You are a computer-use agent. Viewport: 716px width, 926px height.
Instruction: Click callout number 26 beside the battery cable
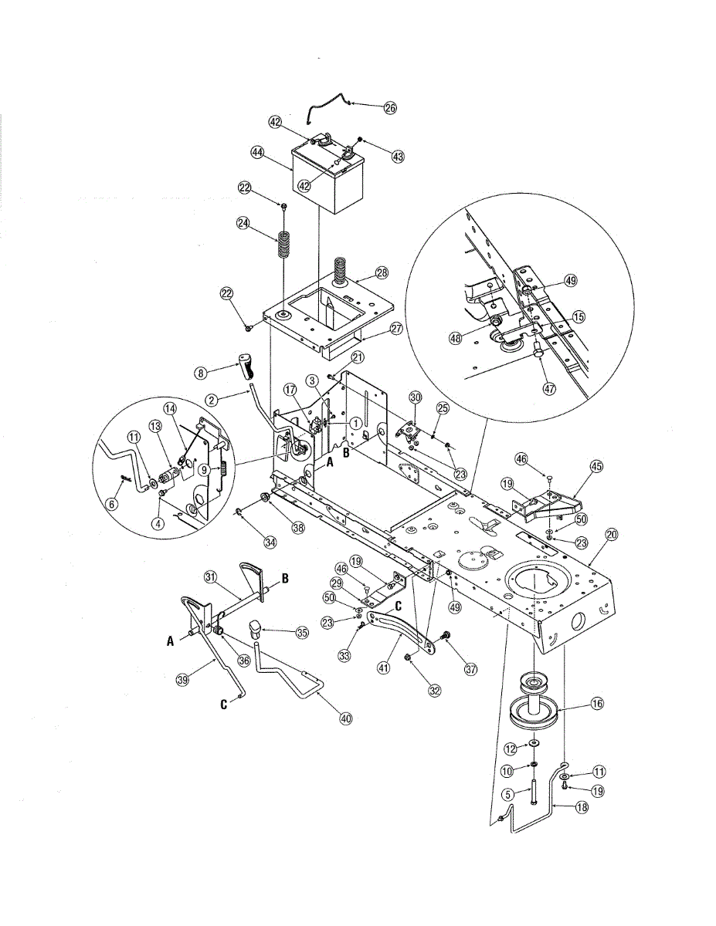coord(390,108)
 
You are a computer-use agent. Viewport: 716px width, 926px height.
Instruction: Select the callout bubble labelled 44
coord(258,153)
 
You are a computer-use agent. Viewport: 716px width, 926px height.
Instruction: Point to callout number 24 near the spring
coord(243,223)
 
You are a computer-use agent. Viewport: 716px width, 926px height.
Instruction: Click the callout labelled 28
coord(382,273)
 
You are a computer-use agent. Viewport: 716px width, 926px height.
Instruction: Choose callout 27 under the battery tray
coord(396,328)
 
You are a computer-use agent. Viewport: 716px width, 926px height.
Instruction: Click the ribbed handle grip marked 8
coord(247,366)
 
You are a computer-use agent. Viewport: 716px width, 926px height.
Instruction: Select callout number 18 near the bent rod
coord(582,807)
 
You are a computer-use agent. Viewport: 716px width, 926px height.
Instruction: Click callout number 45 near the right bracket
coord(596,466)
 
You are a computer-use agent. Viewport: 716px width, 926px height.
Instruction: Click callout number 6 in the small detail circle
coord(112,503)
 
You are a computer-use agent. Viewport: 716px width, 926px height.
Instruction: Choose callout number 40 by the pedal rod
coord(345,718)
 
